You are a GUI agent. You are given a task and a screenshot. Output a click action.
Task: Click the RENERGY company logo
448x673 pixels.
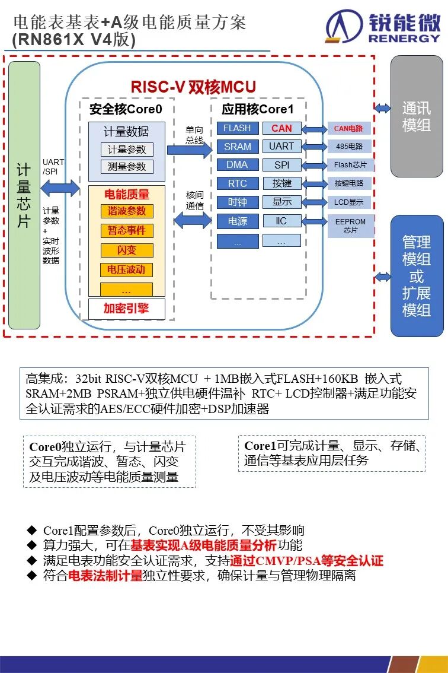click(x=383, y=27)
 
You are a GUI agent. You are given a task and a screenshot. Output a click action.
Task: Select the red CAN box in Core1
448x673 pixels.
click(x=281, y=128)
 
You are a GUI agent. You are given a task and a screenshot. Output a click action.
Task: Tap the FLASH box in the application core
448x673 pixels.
click(x=238, y=128)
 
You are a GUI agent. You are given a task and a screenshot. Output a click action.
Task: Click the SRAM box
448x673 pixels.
click(x=238, y=147)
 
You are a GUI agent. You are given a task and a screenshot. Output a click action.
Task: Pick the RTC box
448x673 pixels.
click(x=238, y=183)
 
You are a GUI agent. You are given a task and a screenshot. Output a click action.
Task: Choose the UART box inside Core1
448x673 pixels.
click(x=281, y=147)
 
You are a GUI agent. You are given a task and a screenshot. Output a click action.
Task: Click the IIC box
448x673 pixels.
click(x=281, y=221)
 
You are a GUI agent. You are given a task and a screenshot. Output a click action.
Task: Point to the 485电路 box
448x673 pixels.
click(x=350, y=147)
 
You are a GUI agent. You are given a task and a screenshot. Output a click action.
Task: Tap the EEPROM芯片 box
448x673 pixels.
click(x=351, y=226)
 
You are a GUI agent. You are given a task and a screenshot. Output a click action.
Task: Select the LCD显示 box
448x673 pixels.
click(x=350, y=202)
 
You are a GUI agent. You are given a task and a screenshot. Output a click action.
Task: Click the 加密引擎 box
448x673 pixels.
click(x=126, y=309)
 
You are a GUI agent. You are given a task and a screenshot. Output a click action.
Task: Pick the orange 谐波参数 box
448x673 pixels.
click(x=126, y=211)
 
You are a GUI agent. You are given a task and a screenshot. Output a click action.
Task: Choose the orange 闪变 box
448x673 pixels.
click(x=126, y=250)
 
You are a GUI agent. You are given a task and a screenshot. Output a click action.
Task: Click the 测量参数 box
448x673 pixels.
click(x=127, y=167)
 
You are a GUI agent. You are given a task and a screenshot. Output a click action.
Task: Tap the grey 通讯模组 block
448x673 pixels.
click(x=417, y=116)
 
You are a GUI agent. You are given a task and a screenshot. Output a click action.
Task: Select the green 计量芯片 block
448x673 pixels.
click(x=24, y=195)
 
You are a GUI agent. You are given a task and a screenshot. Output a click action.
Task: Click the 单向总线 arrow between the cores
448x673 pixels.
click(x=190, y=150)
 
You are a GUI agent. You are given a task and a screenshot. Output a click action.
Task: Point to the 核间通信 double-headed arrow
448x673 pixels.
click(x=193, y=221)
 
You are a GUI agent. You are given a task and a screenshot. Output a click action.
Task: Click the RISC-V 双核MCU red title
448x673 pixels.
click(x=193, y=87)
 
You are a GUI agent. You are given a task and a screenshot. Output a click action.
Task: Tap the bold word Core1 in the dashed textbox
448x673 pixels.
click(x=260, y=446)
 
